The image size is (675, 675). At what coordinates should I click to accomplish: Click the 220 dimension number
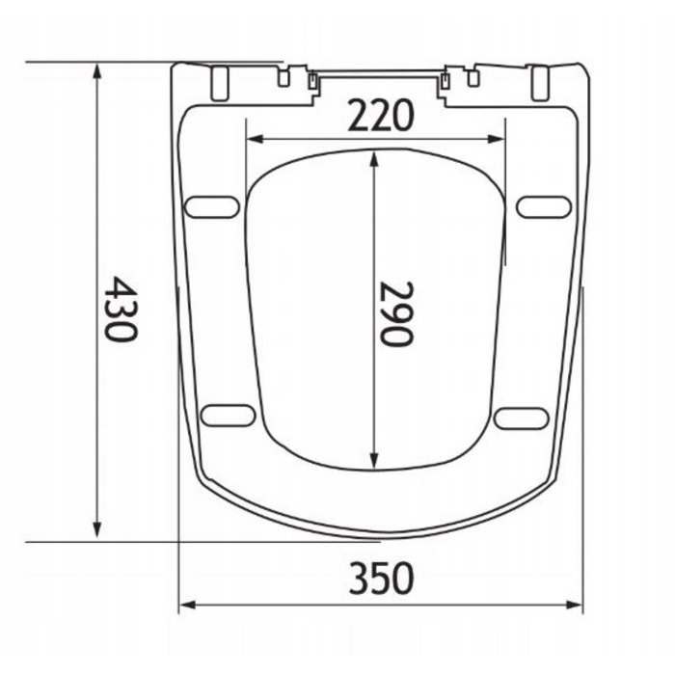[x=381, y=116]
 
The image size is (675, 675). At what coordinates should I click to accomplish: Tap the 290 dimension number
[x=396, y=313]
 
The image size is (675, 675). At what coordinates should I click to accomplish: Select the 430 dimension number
[x=121, y=309]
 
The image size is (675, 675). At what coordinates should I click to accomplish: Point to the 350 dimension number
[x=381, y=579]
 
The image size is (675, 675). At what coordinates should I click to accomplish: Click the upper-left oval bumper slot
[x=212, y=207]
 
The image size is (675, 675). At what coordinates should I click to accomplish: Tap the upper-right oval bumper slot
[x=544, y=207]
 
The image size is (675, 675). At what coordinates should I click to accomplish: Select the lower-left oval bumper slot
[x=229, y=416]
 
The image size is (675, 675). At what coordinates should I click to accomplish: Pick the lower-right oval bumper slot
[x=522, y=418]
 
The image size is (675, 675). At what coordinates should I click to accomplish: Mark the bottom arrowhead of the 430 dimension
[x=97, y=529]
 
